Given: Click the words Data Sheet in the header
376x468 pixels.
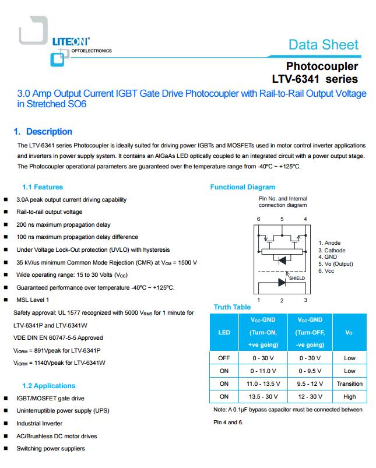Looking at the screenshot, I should (x=324, y=45).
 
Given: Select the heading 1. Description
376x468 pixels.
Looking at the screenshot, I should (x=43, y=132).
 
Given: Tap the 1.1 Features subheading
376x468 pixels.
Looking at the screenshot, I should (x=43, y=187).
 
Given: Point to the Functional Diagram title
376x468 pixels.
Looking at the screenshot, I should (x=243, y=187).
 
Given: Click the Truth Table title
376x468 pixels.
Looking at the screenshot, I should (x=232, y=307).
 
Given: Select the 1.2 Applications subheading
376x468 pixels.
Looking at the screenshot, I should (x=48, y=386).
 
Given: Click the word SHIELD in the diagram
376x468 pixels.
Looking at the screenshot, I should (x=297, y=278).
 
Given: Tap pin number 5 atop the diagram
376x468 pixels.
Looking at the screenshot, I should (x=282, y=219).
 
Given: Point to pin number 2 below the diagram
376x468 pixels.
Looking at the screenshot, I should (x=282, y=300).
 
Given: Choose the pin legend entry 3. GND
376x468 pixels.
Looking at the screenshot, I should (x=328, y=257).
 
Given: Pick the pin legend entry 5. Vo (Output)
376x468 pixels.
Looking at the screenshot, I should (x=336, y=264).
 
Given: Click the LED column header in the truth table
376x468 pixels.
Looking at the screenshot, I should (x=224, y=332).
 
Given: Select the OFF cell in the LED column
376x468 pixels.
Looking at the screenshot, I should (x=224, y=358).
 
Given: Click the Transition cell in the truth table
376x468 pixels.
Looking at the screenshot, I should (x=349, y=383).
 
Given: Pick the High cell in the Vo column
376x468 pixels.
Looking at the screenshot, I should (x=349, y=396).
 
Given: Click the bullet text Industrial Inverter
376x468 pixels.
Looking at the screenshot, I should (x=40, y=424).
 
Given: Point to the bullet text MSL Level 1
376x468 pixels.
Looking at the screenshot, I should (x=33, y=300).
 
